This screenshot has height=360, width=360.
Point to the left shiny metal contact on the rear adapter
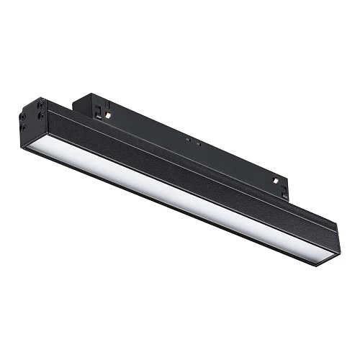click(107, 114)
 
